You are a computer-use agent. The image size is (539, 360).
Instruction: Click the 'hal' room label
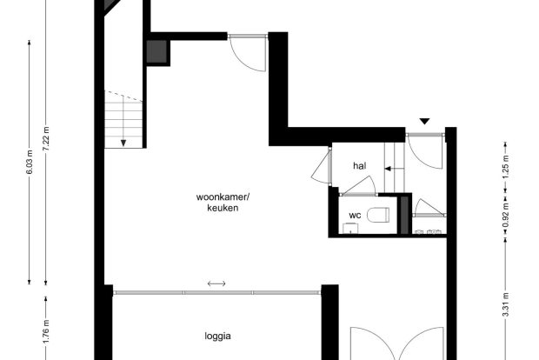coord(360,166)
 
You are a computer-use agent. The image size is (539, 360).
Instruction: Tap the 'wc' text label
coord(355,216)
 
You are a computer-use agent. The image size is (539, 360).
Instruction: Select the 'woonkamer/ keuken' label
coord(223,203)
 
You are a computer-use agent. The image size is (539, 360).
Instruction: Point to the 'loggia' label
coord(217,336)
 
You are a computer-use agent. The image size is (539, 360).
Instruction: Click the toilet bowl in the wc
coord(378,215)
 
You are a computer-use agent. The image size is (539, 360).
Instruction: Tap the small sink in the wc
coord(350,229)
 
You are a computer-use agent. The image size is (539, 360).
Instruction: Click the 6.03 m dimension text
coord(30,162)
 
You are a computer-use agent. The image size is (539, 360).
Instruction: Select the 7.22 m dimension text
coord(46,138)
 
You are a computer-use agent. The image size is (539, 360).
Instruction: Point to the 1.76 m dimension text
coord(46,331)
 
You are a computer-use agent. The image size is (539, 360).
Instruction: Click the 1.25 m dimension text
coord(505,167)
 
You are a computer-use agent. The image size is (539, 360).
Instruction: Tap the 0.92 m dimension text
coord(505,216)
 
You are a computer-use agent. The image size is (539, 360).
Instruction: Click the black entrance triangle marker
coord(425,122)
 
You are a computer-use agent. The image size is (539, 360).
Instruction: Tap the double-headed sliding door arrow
coord(216,283)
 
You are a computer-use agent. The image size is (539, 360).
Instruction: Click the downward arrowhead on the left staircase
coord(123,143)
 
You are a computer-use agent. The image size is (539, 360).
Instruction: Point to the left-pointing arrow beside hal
coord(394,169)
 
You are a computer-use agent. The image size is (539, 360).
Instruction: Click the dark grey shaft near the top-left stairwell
coord(156,51)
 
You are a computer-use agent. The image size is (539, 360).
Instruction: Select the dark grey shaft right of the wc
coord(404,216)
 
